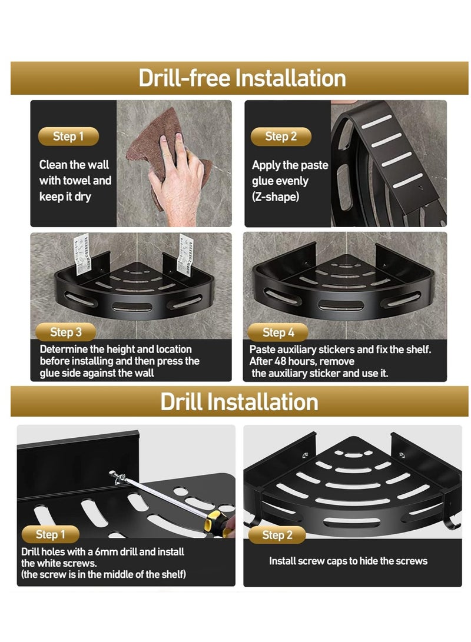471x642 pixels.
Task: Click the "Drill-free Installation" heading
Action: coord(242,78)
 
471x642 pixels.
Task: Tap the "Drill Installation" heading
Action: coord(239,402)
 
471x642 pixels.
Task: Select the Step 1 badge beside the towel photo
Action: coord(68,137)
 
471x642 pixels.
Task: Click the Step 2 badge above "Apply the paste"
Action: coord(281,137)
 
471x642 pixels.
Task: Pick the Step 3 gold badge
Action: coord(65,332)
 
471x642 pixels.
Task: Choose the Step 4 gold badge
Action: coord(278,332)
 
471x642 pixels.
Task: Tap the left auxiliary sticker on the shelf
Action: coord(81,254)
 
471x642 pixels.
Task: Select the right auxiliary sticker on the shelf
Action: coord(185,254)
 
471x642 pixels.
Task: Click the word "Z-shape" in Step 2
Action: coord(276,197)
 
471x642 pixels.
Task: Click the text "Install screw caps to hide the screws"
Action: coord(348,561)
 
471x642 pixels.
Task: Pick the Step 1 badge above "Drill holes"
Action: coord(51,534)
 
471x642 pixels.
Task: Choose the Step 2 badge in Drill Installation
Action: coord(277,535)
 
